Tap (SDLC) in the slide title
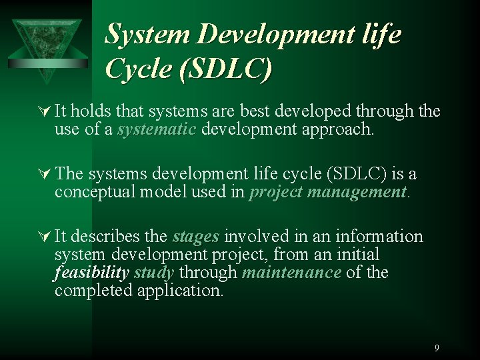(x=226, y=69)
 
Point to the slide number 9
(x=437, y=347)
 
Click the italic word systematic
(x=157, y=129)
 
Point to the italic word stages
(x=197, y=237)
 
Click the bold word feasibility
(x=91, y=273)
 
